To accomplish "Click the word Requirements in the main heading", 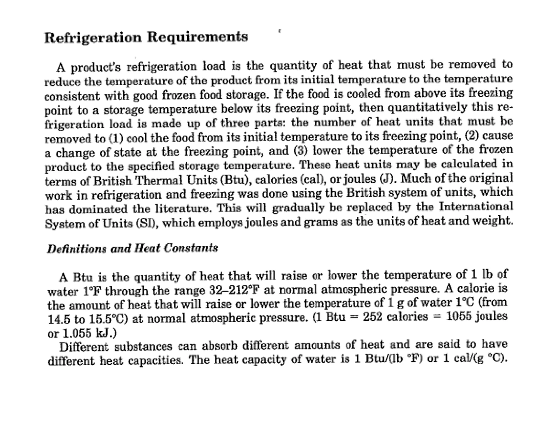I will [197, 37].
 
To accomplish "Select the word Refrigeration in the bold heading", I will [93, 38].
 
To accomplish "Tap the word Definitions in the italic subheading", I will [77, 249].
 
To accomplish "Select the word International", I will [475, 207].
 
